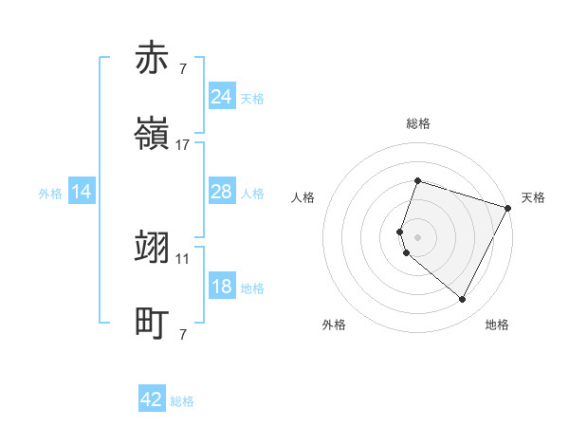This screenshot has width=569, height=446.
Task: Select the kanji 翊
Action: [152, 247]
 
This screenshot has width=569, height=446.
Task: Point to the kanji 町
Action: [152, 324]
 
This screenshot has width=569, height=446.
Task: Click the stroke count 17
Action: [183, 145]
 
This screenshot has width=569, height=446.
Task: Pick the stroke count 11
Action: [183, 258]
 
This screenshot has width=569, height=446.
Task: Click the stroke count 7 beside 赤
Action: [183, 68]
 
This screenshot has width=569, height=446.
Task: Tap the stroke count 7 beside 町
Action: [183, 335]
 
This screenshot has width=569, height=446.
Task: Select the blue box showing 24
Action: [221, 97]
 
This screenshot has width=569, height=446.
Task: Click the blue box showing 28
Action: [221, 193]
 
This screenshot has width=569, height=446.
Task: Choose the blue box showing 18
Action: [221, 288]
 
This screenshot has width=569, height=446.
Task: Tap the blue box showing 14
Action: [82, 193]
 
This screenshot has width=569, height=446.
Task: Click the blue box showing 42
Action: [152, 400]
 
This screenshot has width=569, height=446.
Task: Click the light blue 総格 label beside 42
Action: [182, 401]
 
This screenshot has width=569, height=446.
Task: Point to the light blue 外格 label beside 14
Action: [50, 194]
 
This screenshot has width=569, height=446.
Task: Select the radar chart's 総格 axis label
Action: [417, 123]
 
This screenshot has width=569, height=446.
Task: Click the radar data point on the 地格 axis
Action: [462, 300]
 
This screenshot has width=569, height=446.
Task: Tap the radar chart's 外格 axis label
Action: [334, 325]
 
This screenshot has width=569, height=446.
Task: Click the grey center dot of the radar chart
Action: [417, 236]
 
